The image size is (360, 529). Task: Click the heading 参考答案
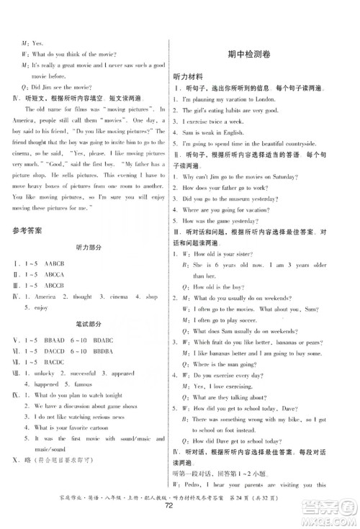pos(27,231)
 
